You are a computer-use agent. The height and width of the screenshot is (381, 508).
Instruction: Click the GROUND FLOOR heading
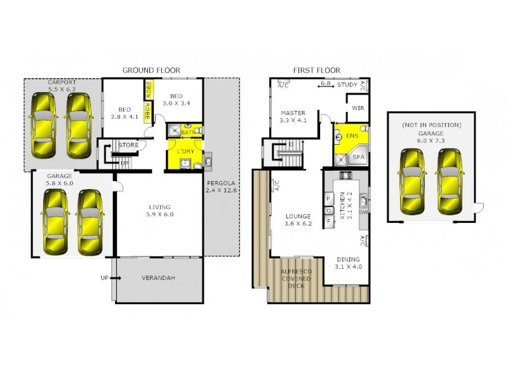(151, 70)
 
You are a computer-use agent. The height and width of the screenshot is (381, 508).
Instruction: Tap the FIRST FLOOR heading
(316, 70)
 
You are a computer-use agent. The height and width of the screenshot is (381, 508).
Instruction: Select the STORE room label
(128, 145)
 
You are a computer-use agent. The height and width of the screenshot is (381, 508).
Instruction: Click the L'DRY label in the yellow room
(185, 151)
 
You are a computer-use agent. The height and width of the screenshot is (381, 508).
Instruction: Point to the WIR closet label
(358, 109)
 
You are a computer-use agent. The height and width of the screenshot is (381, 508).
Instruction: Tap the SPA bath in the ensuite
(358, 156)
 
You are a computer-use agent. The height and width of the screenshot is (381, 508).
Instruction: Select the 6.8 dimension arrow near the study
(326, 84)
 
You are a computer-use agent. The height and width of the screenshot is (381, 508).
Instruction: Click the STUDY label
(347, 84)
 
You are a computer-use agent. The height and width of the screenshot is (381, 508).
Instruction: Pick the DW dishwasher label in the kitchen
(363, 213)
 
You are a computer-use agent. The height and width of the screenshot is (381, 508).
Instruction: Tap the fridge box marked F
(329, 220)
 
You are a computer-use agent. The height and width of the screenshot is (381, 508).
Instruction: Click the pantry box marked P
(329, 198)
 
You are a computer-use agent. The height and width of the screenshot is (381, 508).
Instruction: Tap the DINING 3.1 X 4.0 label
(348, 263)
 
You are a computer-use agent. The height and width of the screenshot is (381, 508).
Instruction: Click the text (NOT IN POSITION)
(430, 125)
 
